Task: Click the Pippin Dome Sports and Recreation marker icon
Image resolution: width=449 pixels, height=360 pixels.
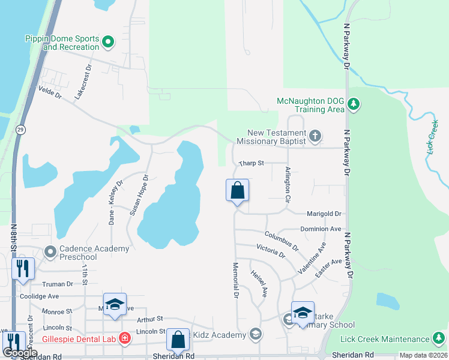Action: pos(108,42)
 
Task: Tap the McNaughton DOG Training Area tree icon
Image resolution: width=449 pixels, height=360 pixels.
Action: pos(354,105)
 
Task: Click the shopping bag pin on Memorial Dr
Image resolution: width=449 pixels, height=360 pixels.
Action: pos(237,191)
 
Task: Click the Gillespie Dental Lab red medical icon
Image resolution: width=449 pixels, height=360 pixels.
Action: pos(125,338)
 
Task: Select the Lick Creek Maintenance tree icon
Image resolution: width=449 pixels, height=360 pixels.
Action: pos(439,339)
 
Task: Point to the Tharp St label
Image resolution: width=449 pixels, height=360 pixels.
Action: pos(252,163)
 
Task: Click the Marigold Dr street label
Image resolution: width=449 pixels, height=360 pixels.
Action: pos(324,214)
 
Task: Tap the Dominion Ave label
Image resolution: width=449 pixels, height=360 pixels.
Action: pos(321,229)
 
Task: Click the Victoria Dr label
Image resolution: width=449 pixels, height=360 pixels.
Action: pos(270,251)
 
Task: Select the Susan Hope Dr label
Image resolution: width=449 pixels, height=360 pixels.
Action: pos(138,195)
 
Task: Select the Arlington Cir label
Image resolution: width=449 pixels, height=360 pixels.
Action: pos(288,184)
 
